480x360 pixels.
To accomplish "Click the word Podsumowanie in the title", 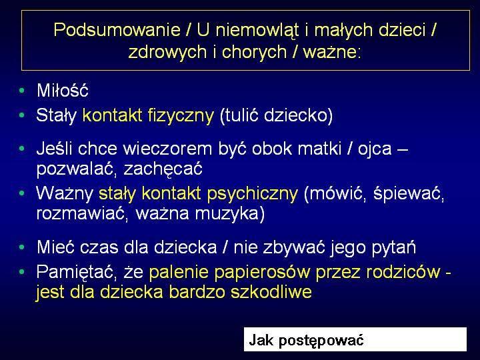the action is [x=117, y=30].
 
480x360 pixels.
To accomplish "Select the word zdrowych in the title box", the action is [x=167, y=53].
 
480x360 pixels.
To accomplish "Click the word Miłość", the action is [x=63, y=90].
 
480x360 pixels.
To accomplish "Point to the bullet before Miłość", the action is [x=22, y=91].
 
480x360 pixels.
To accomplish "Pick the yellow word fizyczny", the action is [x=181, y=116].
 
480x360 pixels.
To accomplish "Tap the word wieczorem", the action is [x=167, y=149].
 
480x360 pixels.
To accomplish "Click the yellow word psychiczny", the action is [x=252, y=194].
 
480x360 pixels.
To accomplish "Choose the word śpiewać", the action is [x=409, y=194].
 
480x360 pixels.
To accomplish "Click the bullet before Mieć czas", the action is [x=22, y=247].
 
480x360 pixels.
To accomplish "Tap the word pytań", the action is [x=394, y=248].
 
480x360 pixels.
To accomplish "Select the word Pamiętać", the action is [x=77, y=272].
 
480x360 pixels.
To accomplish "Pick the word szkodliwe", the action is [x=271, y=291].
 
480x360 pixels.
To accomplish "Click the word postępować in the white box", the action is [x=321, y=341].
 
